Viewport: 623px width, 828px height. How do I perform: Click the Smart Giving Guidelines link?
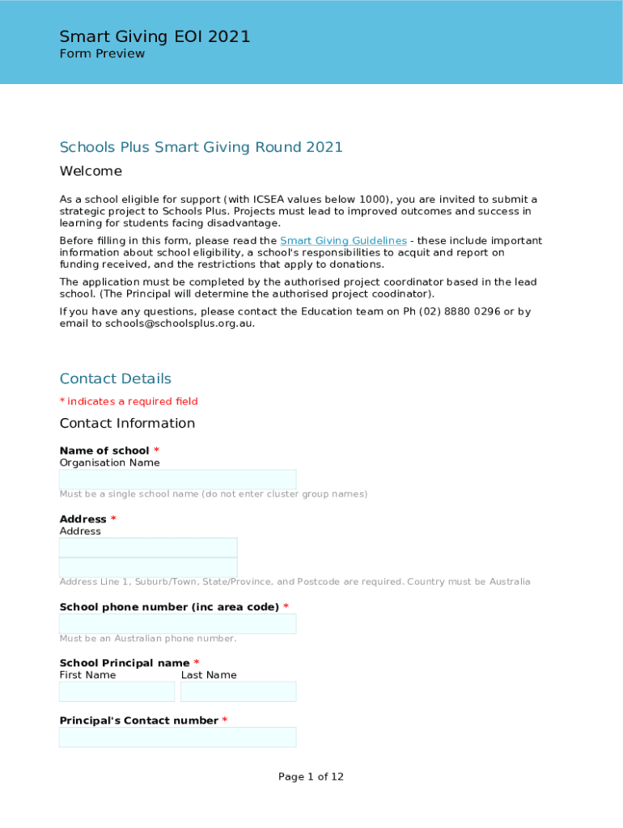click(343, 241)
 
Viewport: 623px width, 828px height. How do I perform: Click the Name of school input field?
click(177, 479)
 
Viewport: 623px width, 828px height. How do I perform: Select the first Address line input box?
click(148, 547)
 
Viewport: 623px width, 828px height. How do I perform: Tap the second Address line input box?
click(148, 567)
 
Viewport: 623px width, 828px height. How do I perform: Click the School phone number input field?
click(177, 623)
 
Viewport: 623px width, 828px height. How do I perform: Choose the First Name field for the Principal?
click(117, 691)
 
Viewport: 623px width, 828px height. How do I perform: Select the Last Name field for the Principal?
click(238, 691)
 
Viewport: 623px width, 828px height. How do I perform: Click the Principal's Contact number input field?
click(177, 737)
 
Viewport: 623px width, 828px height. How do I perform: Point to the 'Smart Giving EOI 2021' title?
click(155, 36)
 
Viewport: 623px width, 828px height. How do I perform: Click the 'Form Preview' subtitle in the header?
click(102, 54)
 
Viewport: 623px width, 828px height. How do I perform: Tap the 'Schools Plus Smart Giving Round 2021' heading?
click(201, 147)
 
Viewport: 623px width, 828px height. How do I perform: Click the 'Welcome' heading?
click(91, 171)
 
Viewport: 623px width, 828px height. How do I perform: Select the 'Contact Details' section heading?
click(116, 378)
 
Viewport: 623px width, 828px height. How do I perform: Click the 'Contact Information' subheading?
click(127, 424)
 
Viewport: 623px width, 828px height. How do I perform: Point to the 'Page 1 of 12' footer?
click(311, 777)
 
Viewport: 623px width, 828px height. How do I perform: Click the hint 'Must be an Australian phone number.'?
click(148, 639)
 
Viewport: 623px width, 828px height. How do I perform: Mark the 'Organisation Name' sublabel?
click(109, 463)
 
